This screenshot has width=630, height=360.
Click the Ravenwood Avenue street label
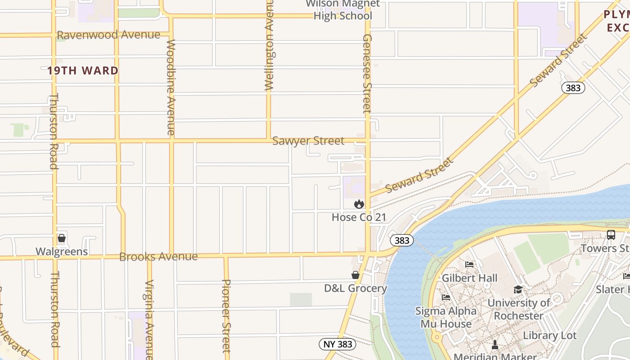click(x=108, y=35)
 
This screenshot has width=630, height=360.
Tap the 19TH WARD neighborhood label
click(x=83, y=71)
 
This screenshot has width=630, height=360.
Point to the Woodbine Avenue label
click(x=171, y=87)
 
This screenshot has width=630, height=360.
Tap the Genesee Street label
click(x=367, y=73)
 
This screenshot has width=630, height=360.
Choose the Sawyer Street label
click(x=308, y=141)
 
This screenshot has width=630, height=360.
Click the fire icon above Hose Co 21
click(x=359, y=204)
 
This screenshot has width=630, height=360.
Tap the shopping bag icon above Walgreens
click(x=62, y=238)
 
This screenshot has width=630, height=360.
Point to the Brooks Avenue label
click(x=158, y=256)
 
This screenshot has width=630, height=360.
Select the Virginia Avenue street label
click(x=149, y=319)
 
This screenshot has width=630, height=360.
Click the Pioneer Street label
click(x=226, y=316)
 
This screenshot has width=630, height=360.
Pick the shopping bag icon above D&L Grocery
click(x=355, y=275)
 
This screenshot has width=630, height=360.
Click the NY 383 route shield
click(x=337, y=345)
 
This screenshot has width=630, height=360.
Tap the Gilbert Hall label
click(x=469, y=278)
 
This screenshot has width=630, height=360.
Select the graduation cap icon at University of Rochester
click(x=518, y=289)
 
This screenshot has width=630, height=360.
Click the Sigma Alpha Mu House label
click(x=446, y=317)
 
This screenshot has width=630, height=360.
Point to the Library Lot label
click(x=549, y=336)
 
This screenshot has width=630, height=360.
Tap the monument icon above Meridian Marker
click(x=495, y=345)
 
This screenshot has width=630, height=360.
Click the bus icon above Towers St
click(x=611, y=234)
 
